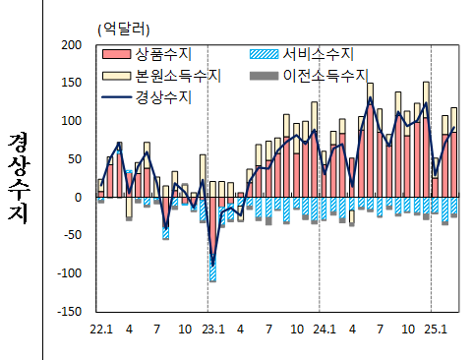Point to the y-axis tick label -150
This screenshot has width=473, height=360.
pos(68,311)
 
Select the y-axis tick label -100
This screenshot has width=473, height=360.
pos(68,273)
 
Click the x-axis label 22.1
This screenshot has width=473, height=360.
pos(100,330)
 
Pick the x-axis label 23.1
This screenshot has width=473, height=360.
pos(212,330)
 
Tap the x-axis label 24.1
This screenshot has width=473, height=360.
pos(324,330)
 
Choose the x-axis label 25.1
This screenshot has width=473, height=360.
pos(435,330)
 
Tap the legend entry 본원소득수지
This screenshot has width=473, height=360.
pos(178,76)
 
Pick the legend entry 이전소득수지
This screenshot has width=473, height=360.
pos(324,76)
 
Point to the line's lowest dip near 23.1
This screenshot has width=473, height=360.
pos(212,265)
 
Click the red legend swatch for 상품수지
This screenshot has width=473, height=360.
pos(116,54)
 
